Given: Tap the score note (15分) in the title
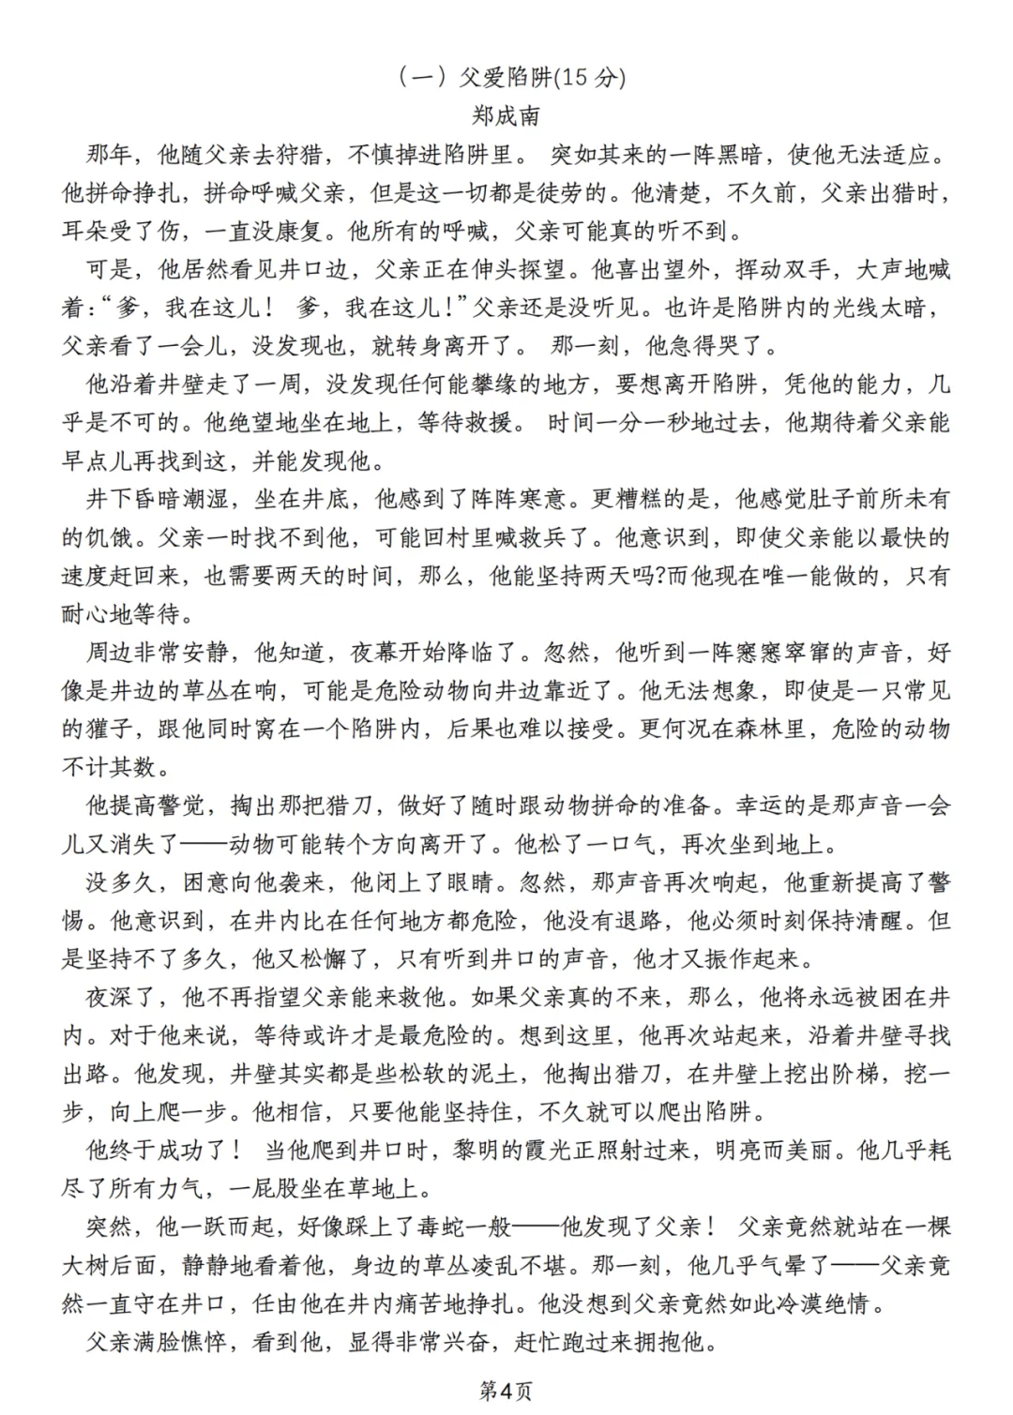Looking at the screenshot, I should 591,78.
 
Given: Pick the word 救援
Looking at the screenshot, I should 488,423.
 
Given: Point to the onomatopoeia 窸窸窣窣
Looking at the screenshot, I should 782,653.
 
